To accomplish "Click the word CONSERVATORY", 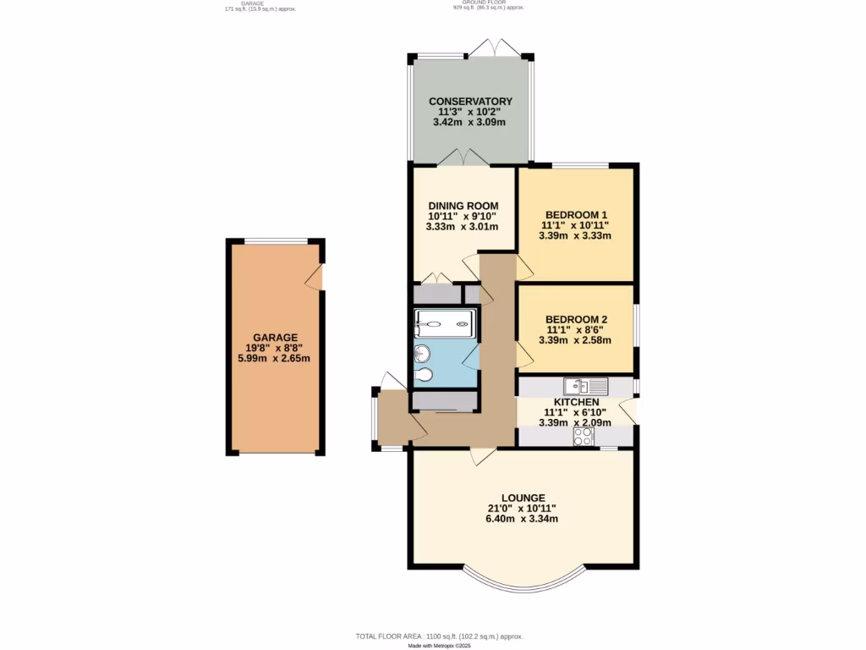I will point(470,102).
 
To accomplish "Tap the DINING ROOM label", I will point(463,206).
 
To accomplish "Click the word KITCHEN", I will point(576,402).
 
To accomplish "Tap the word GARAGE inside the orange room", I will point(275,337).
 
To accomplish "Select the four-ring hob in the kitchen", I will point(584,436).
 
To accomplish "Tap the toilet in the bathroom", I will point(424,375).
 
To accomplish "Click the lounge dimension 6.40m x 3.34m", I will point(522,519).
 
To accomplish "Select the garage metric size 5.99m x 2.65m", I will point(275,358).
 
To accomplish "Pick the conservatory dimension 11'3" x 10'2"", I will point(470,112).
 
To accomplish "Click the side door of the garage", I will point(315,276).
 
